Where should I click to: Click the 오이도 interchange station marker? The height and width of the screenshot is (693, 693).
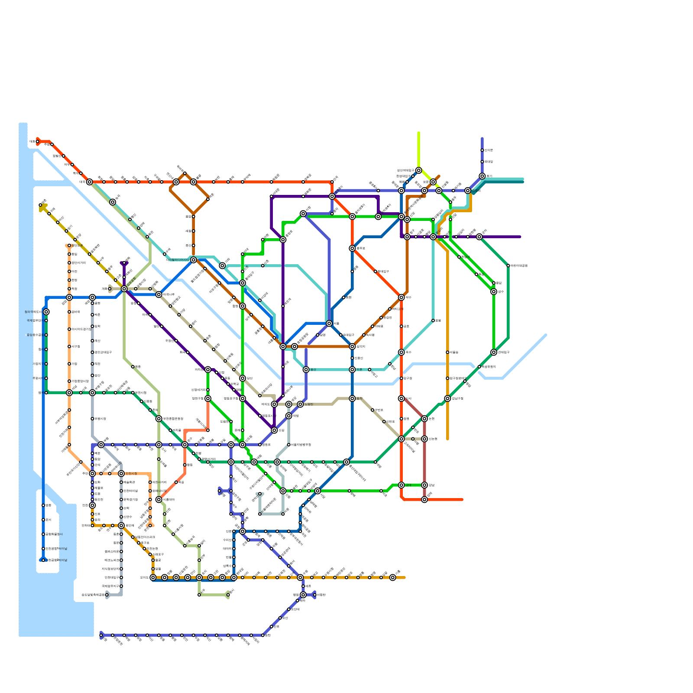153,577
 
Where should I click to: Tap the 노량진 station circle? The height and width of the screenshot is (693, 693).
300,404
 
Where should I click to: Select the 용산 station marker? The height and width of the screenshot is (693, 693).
306,369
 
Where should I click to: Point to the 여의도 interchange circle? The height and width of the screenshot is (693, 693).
274,404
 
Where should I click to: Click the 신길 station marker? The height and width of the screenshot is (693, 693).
274,430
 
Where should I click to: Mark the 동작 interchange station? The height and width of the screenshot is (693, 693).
352,398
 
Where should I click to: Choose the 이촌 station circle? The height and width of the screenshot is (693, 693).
352,369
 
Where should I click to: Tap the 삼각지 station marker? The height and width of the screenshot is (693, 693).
352,346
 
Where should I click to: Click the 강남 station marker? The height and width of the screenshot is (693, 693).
424,485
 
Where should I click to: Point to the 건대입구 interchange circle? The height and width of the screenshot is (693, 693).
494,352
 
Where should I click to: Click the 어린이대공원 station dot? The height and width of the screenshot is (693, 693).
508,266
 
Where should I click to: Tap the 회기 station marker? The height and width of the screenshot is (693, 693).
482,176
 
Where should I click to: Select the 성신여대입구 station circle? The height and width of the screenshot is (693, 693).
418,170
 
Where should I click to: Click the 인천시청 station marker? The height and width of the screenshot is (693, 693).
121,473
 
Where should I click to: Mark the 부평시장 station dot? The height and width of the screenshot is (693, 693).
92,419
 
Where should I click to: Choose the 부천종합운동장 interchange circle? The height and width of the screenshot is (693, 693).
159,418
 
